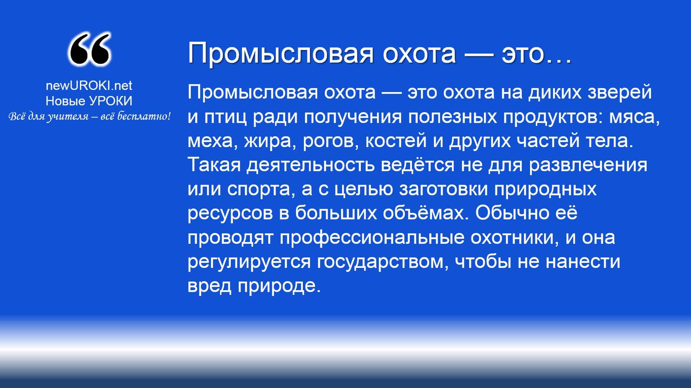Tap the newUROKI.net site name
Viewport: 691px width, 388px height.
(x=89, y=85)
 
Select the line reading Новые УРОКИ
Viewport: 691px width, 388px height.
(x=89, y=101)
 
